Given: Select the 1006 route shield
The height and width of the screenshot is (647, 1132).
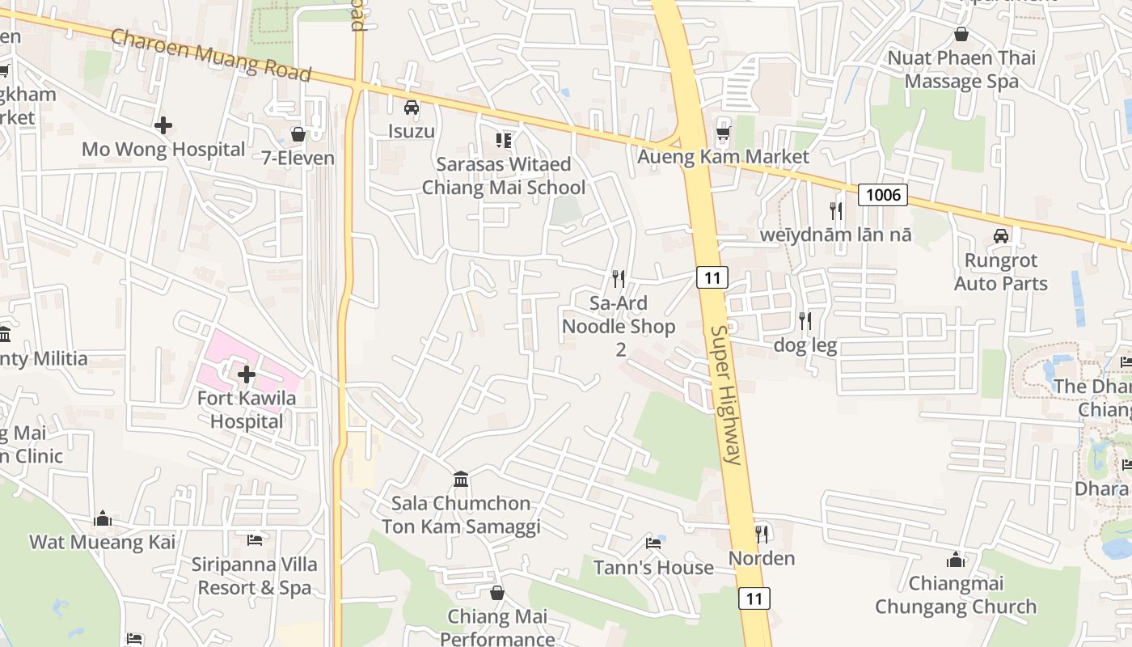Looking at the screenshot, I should pos(882,194).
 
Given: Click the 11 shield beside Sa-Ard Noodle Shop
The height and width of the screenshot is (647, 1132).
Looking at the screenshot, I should pos(712,278).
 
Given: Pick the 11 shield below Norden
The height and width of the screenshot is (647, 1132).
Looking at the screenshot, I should pos(754,598).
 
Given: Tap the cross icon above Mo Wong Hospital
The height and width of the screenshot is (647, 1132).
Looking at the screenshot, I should pos(163,125).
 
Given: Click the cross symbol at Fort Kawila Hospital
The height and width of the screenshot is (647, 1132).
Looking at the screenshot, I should pos(247,374).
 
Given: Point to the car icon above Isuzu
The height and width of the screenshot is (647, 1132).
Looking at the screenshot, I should pos(412,107).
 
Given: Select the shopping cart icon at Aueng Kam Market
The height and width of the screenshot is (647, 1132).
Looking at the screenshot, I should pos(723,133).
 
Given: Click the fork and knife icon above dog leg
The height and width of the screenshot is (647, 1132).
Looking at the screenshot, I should pos(805,321).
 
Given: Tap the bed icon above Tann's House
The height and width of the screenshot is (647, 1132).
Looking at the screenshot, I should pos(653,543).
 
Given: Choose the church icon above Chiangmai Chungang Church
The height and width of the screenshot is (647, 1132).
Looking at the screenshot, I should pos(956,559).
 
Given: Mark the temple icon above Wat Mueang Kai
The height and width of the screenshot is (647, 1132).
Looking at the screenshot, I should pos(103,518).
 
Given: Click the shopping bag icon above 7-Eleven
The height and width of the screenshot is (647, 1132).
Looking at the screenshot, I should pos(298,133).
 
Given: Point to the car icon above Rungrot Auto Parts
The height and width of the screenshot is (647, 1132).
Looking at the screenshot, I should pos(1001,236).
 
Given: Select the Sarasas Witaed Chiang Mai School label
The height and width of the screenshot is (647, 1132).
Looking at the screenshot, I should pos(504,175).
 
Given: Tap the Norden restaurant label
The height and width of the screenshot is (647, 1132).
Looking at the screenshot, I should pos(762,558).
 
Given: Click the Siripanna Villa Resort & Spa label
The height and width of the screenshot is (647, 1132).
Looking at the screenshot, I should pos(255,576).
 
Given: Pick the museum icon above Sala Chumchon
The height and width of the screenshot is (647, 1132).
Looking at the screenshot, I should pos(461,479).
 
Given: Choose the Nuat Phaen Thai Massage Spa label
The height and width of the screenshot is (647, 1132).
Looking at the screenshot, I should pos(961,70).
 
